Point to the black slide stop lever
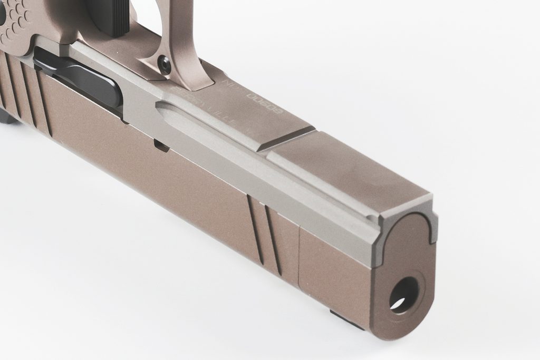click(x=79, y=79)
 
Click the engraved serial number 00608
click(x=264, y=102)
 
